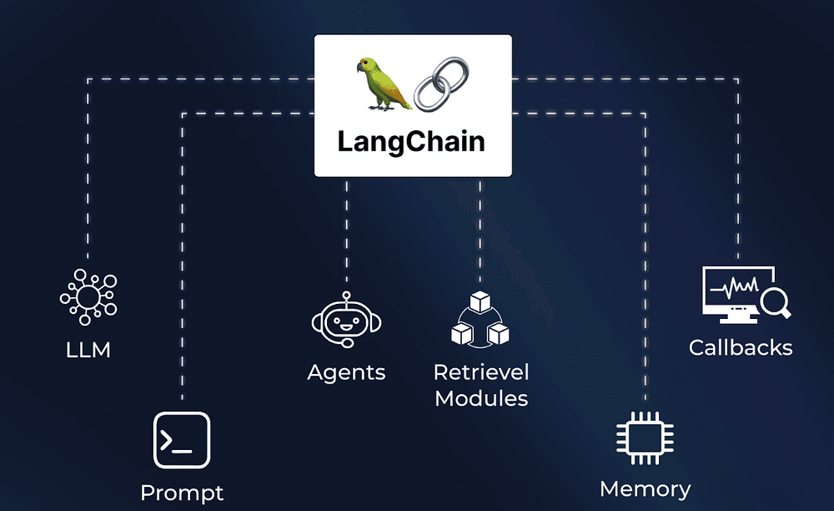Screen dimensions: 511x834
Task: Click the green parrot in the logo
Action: tap(383, 84)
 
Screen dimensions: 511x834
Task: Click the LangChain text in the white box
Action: tap(411, 141)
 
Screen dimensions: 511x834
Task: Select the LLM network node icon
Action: tap(88, 296)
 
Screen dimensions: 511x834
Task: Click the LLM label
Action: tap(88, 350)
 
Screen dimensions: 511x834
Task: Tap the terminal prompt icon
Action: tap(182, 440)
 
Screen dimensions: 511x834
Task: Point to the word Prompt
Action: tap(182, 493)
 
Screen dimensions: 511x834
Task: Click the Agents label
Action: tap(346, 372)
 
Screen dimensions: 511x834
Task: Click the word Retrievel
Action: tap(481, 372)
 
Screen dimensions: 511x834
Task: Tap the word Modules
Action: tap(481, 398)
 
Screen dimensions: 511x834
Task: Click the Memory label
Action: tap(645, 489)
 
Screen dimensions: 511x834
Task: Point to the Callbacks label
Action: tap(741, 347)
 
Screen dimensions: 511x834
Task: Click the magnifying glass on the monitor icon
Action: tap(775, 301)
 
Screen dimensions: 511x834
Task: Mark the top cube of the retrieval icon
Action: tap(480, 301)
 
